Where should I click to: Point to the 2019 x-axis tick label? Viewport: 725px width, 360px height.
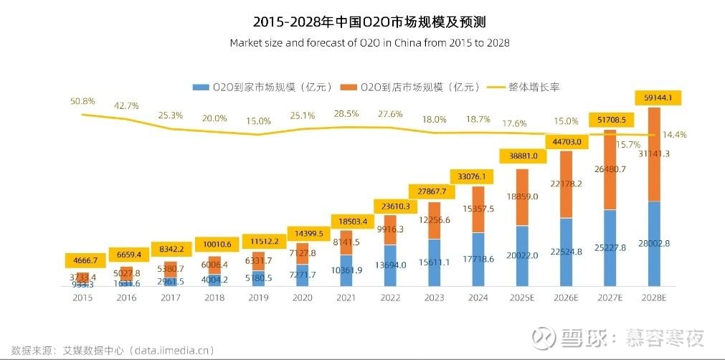[x=260, y=297]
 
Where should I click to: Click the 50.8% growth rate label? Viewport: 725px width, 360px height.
[x=83, y=101]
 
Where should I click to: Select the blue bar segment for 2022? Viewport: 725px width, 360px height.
[x=390, y=265]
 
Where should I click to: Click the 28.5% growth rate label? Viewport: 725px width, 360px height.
[x=347, y=113]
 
